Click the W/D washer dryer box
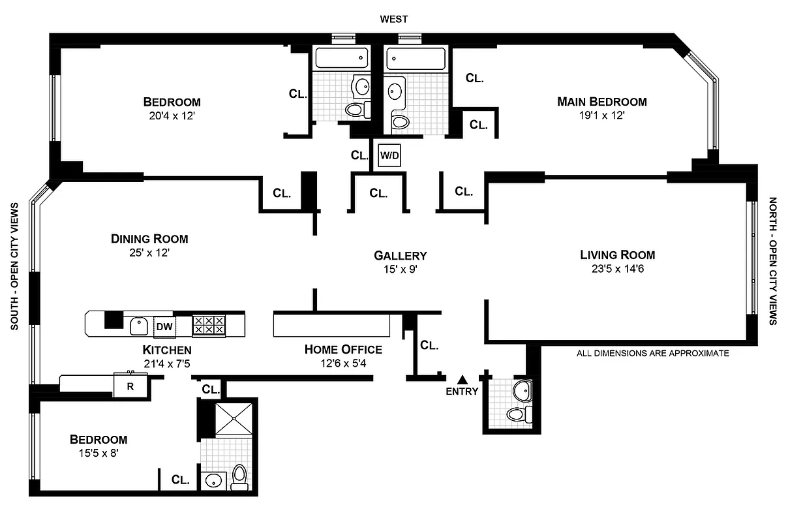point(389,155)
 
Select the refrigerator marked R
point(130,386)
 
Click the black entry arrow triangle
point(462,378)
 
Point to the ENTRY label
point(462,391)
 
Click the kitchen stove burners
point(209,325)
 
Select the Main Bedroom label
point(601,102)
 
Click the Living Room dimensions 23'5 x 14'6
point(617,268)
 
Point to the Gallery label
point(400,255)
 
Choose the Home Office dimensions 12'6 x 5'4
point(343,363)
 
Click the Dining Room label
point(149,239)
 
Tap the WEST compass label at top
point(394,20)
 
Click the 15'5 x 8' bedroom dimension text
point(98,453)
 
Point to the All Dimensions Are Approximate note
point(652,353)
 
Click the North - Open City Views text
point(774,261)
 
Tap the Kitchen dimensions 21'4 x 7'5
point(167,363)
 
